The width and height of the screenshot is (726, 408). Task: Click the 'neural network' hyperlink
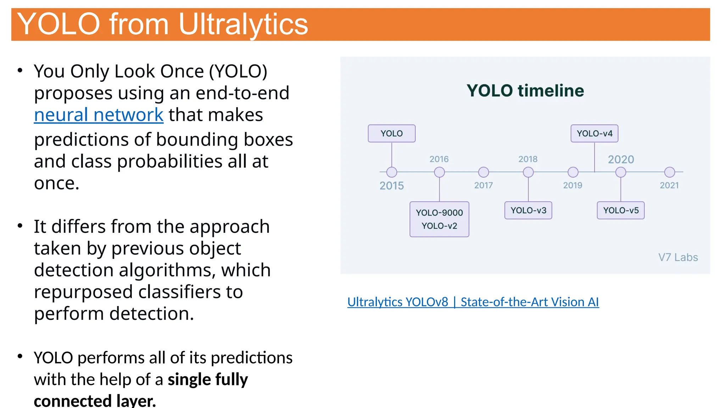(99, 115)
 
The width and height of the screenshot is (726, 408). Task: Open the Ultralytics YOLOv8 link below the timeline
(473, 302)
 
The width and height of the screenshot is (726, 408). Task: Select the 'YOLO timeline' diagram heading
(525, 91)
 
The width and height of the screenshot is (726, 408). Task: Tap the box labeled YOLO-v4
(594, 134)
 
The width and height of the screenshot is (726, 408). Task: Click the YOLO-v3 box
(528, 210)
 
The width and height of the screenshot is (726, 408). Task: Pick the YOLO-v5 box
(620, 210)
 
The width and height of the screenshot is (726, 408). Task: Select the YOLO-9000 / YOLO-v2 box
(439, 219)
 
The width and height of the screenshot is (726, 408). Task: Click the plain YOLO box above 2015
(391, 134)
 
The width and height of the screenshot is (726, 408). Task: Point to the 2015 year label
(391, 186)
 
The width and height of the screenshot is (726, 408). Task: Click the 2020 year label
(621, 159)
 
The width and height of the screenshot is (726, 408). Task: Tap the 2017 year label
(484, 185)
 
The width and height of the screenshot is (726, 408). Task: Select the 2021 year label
(669, 185)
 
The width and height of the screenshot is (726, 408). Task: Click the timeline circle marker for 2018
(528, 172)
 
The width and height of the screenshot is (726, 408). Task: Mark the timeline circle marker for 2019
(573, 172)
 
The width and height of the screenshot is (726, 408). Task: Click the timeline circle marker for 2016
(439, 172)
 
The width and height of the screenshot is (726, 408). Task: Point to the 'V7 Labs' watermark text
(678, 257)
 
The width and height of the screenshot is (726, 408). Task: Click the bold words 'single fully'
(208, 380)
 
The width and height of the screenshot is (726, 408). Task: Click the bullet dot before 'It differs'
(20, 226)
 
